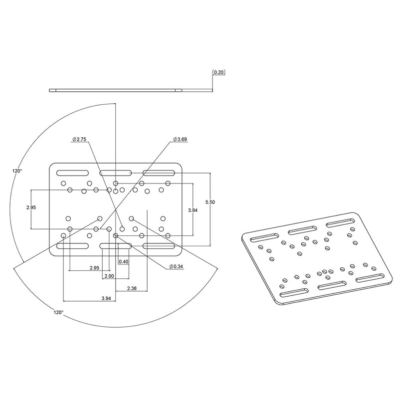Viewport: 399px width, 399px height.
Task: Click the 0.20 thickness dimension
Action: pyautogui.click(x=219, y=72)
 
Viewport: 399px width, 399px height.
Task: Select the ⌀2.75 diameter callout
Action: pyautogui.click(x=80, y=139)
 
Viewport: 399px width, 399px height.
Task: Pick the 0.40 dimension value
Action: pyautogui.click(x=124, y=261)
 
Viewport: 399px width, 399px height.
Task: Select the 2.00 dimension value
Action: pyautogui.click(x=110, y=276)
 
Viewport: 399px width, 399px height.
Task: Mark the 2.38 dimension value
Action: pyautogui.click(x=133, y=289)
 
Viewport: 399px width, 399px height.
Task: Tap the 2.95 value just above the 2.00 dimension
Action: pyautogui.click(x=94, y=268)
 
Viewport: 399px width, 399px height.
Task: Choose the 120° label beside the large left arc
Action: pyautogui.click(x=17, y=171)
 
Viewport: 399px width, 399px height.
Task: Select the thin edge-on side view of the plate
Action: pyautogui.click(x=116, y=90)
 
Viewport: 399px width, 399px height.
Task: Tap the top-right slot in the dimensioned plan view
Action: pyautogui.click(x=159, y=173)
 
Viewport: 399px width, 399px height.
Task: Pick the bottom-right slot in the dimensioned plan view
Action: pyautogui.click(x=159, y=246)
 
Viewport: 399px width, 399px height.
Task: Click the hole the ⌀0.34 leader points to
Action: pyautogui.click(x=116, y=235)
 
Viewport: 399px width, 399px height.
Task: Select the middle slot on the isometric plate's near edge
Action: pyautogui.click(x=331, y=286)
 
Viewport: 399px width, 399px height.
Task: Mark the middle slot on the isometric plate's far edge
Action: pyautogui.click(x=302, y=228)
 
